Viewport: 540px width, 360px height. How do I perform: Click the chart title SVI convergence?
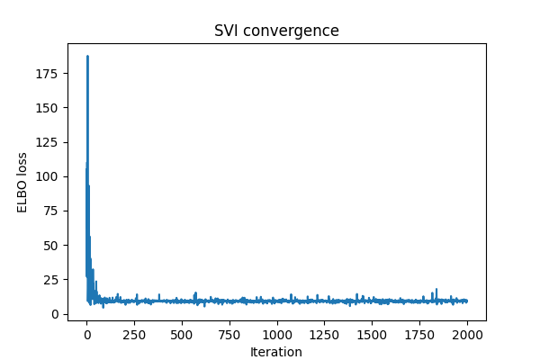click(276, 31)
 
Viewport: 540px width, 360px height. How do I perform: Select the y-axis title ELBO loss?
click(22, 182)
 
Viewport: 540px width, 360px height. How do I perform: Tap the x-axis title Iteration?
click(276, 352)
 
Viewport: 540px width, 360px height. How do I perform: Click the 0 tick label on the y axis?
click(57, 314)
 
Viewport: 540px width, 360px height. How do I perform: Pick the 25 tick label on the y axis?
click(53, 280)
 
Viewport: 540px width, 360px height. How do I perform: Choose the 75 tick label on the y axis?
click(53, 211)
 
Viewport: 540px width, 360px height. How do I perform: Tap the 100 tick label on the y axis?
click(50, 176)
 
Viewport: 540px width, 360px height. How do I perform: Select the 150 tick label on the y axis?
click(50, 108)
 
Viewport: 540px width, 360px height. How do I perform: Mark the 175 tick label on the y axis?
click(50, 73)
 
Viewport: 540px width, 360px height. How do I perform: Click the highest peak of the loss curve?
click(87, 56)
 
